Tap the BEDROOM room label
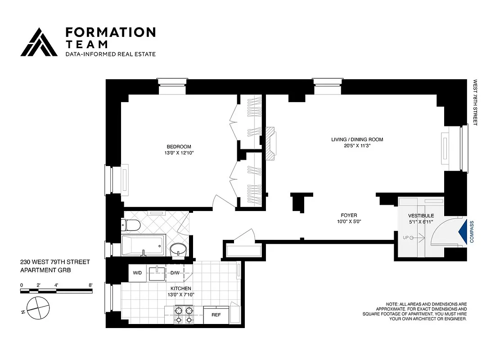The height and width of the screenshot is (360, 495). pos(179,147)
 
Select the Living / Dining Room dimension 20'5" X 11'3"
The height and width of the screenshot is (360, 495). pos(357,146)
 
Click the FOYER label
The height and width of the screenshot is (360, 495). pos(349,215)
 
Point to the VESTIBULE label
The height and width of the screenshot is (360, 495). pos(421,216)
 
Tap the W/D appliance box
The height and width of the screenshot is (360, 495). pos(138,273)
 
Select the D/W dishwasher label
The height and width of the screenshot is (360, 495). pos(175,273)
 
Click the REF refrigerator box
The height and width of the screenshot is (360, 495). pos(216,315)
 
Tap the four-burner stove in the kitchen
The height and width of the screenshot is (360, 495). pos(183,315)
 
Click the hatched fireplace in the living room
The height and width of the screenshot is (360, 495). pos(270,143)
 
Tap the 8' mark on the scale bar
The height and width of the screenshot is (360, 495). pos(91,285)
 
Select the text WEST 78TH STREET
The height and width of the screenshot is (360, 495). pos(475,103)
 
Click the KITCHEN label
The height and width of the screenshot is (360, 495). pos(180,288)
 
